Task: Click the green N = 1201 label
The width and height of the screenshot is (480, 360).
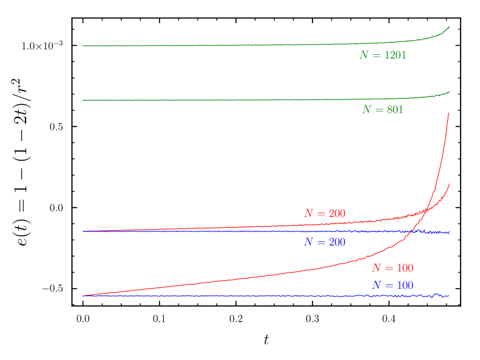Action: point(383,55)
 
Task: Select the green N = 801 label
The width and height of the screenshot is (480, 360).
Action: point(383,110)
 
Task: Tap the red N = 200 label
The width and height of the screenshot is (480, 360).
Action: point(325,214)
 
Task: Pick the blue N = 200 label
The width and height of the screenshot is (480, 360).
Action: point(325,242)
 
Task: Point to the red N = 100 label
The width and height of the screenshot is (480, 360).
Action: point(392,268)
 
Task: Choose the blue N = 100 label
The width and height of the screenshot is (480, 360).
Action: point(392,286)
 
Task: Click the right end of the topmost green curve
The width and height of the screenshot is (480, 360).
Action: point(450,26)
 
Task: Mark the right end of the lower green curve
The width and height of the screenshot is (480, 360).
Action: point(450,91)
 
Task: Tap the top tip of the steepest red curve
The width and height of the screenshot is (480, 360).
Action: point(449,113)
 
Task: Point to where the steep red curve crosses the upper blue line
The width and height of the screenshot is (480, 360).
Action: point(415,231)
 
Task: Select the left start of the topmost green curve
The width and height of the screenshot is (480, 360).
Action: point(83,46)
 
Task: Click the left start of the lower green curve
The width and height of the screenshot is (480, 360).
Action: point(83,100)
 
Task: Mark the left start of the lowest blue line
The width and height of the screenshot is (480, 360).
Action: point(83,296)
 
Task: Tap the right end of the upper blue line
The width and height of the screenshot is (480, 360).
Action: point(450,232)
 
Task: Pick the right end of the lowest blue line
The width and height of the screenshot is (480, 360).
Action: point(450,296)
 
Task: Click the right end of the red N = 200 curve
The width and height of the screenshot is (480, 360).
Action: point(450,184)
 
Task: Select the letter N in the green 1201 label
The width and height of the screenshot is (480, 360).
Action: point(364,55)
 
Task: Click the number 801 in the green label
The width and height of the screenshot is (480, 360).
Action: point(395,110)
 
